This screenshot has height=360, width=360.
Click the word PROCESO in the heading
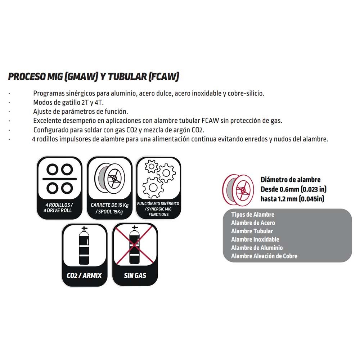click(x=27, y=76)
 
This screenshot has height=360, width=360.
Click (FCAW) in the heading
click(x=164, y=76)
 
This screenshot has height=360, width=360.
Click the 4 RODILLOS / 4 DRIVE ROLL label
click(x=59, y=208)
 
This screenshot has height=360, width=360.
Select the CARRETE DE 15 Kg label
click(x=109, y=205)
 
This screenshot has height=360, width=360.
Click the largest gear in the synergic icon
click(x=153, y=188)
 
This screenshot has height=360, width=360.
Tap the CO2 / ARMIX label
click(x=84, y=275)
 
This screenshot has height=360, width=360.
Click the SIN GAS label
click(x=135, y=275)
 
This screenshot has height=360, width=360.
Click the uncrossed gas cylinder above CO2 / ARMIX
click(x=84, y=245)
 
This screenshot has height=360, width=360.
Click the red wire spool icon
click(x=238, y=190)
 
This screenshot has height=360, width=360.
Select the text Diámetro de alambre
click(x=291, y=180)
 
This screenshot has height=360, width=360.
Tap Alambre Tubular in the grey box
click(x=252, y=231)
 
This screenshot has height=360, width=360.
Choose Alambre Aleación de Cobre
click(x=264, y=256)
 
